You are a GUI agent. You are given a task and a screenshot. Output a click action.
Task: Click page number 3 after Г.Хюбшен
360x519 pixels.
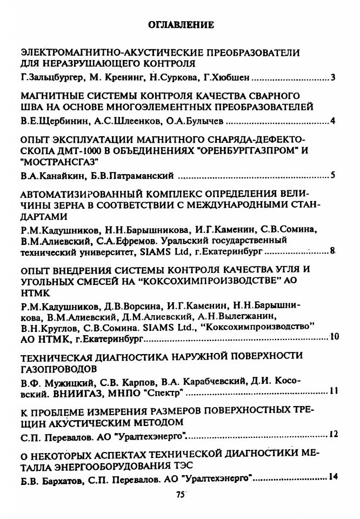334,78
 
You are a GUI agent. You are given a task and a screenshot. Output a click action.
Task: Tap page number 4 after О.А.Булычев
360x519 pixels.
334,120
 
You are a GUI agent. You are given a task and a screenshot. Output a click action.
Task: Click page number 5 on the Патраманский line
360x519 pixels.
334,175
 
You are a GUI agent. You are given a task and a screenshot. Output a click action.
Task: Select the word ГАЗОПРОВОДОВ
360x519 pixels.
59,369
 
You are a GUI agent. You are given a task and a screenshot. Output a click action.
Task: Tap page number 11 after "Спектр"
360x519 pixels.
334,391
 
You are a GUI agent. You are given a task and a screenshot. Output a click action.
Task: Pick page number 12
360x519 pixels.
334,434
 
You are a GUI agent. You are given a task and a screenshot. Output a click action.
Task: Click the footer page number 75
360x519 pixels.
181,494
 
